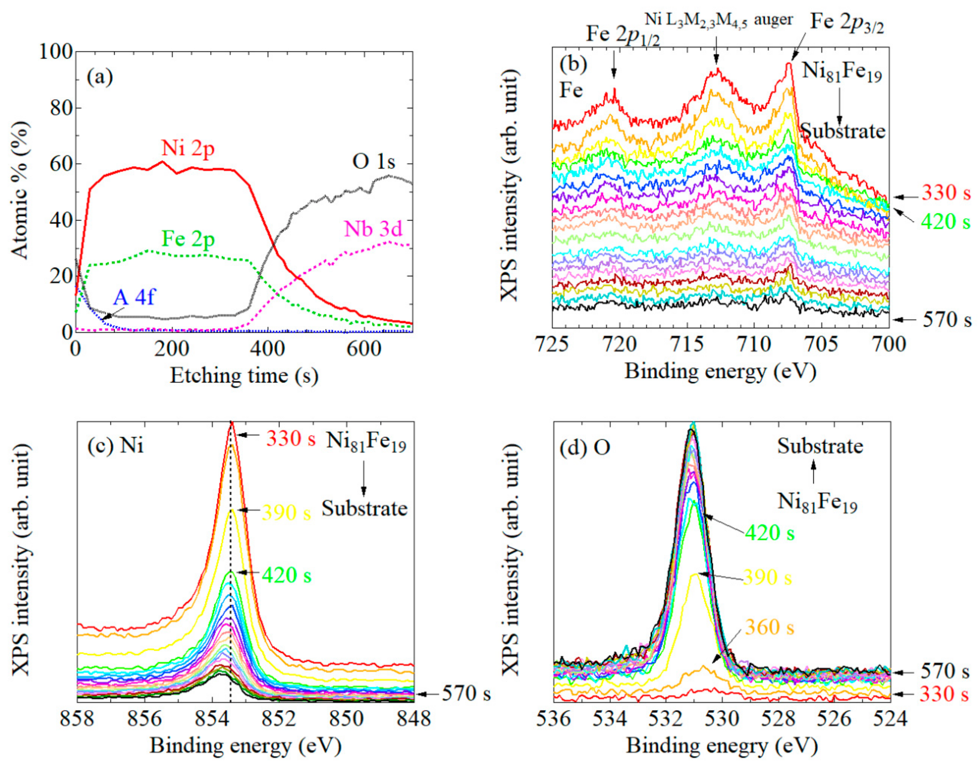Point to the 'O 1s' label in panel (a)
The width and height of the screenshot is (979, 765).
click(x=373, y=162)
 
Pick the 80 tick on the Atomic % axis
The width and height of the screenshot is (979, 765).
click(x=61, y=108)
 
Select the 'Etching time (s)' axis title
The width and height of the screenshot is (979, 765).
click(x=244, y=376)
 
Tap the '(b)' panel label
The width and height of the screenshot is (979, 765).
click(x=573, y=65)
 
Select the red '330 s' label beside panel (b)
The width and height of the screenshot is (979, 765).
click(x=946, y=193)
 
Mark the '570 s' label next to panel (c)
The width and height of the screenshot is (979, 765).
click(x=466, y=694)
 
